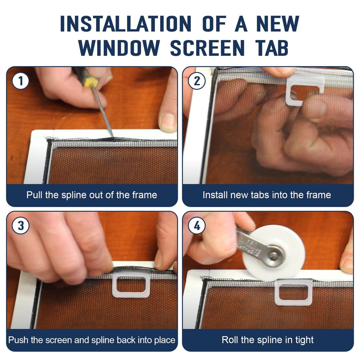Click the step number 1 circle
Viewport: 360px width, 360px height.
[x=21, y=81]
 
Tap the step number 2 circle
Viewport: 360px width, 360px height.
[x=197, y=81]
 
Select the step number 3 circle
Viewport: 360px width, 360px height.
[x=21, y=226]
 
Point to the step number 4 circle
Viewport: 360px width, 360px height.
[x=197, y=226]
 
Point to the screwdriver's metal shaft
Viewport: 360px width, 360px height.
[x=102, y=111]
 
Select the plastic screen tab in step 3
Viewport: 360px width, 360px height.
[x=131, y=284]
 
